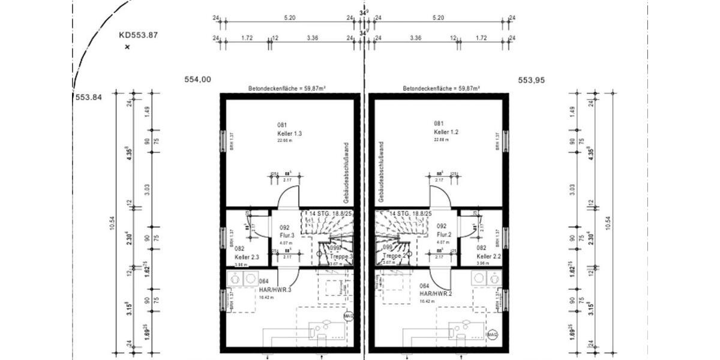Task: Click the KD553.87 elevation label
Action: (x=138, y=35)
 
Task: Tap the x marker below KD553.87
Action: (x=127, y=47)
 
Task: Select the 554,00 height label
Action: (x=197, y=79)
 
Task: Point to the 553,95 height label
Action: (x=531, y=79)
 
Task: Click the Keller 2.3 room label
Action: (x=247, y=257)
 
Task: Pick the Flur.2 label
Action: (x=444, y=235)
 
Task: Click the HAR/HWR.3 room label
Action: (x=275, y=290)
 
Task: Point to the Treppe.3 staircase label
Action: (x=343, y=256)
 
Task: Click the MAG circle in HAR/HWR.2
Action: (x=493, y=334)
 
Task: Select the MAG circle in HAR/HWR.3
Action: (x=348, y=316)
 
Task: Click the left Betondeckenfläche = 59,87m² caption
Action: (x=287, y=88)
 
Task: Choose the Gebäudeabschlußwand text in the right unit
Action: (x=381, y=171)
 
